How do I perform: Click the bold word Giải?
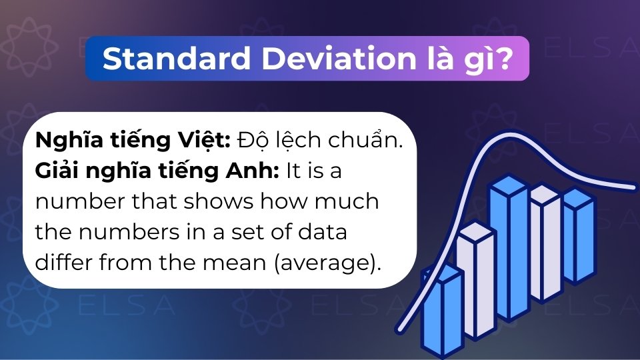[58, 171]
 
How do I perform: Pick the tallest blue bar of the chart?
[509, 250]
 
